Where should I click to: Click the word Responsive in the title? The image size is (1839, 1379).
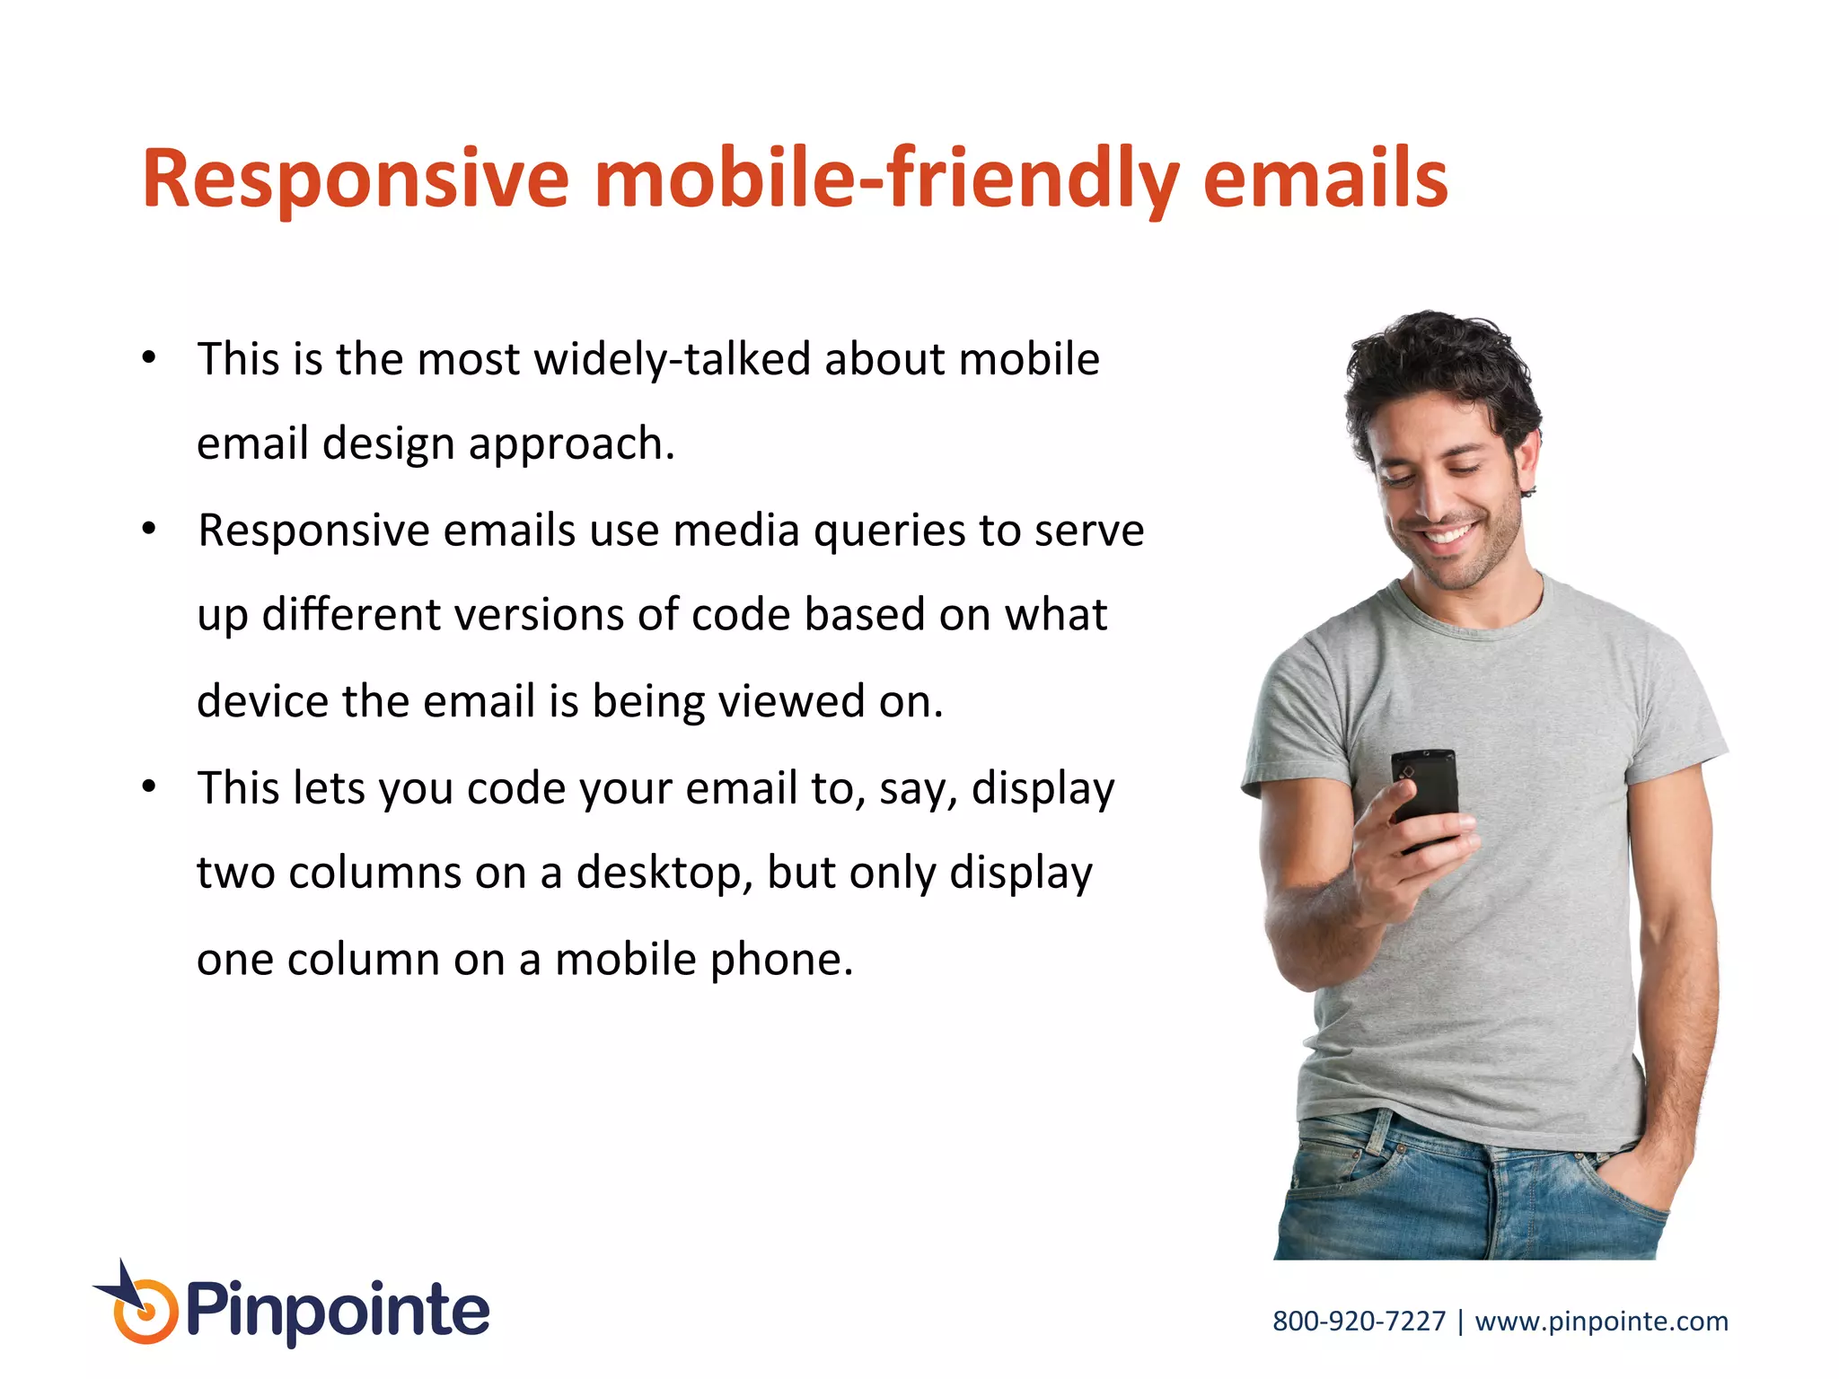pos(355,180)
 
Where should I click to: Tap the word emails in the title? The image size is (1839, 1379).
pos(1324,180)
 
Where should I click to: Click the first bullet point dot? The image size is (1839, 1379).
pos(149,358)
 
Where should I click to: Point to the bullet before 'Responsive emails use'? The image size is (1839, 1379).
pos(149,529)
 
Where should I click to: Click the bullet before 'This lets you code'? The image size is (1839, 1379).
pos(149,787)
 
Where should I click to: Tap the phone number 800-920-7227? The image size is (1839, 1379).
pos(1359,1321)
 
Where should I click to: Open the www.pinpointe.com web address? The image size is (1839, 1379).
pos(1601,1321)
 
